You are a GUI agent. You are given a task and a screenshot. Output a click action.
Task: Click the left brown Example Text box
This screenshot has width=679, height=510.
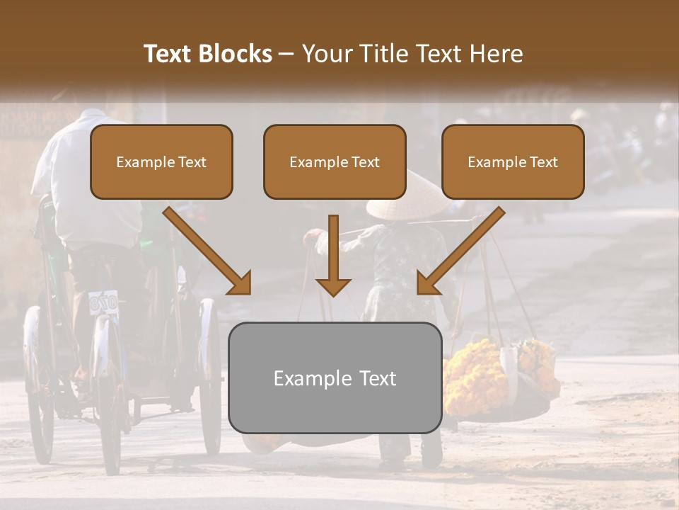pos(161,161)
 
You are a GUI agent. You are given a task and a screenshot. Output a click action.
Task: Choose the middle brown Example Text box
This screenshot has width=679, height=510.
pos(335,161)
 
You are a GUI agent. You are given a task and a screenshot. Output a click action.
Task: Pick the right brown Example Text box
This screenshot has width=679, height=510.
pos(513,161)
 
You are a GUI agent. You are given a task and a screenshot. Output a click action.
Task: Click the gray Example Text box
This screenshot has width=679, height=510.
pos(335,378)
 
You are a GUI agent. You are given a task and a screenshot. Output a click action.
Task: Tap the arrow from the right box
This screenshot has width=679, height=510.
pos(460,251)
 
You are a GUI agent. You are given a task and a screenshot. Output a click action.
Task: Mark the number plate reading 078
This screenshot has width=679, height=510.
pos(103,303)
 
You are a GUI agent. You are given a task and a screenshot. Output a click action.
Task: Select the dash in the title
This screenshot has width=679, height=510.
pos(286,54)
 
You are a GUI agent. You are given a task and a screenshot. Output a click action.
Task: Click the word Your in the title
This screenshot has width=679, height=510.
pos(327,54)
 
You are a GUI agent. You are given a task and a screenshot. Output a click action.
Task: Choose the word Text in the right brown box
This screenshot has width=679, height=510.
pos(543,162)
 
